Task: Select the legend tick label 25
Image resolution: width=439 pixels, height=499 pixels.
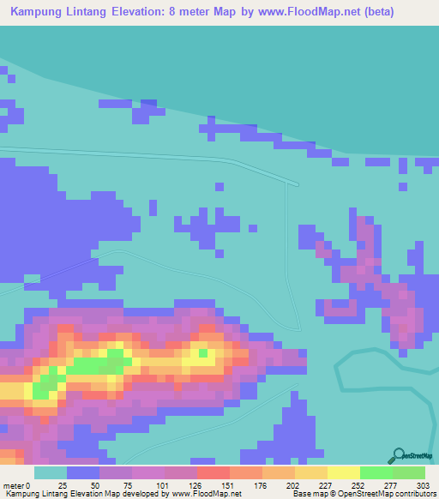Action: click(x=62, y=485)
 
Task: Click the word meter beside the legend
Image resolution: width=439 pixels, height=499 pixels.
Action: click(x=14, y=485)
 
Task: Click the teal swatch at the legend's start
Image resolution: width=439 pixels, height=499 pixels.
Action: click(x=50, y=472)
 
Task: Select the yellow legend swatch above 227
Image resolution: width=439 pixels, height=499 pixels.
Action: click(x=310, y=472)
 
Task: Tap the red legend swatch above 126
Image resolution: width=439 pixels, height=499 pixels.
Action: click(x=212, y=472)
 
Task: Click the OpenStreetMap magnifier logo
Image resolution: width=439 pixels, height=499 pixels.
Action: click(x=397, y=456)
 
